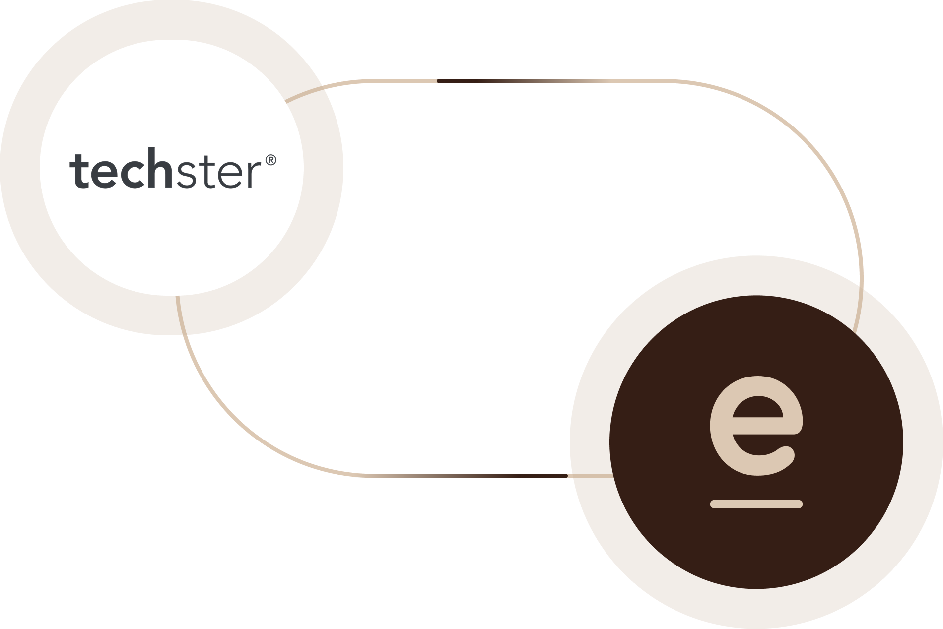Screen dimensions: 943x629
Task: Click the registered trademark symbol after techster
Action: click(270, 160)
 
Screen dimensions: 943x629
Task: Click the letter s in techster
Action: click(187, 174)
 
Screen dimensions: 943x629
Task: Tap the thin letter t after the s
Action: click(206, 171)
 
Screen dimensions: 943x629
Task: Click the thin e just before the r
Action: click(229, 174)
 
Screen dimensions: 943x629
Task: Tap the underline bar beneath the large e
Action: click(756, 504)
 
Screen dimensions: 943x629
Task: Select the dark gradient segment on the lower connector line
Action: click(541, 476)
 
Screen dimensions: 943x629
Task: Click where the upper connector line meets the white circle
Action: click(287, 101)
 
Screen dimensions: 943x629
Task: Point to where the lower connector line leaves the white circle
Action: click(177, 296)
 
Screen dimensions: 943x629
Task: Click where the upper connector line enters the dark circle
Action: click(854, 329)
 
